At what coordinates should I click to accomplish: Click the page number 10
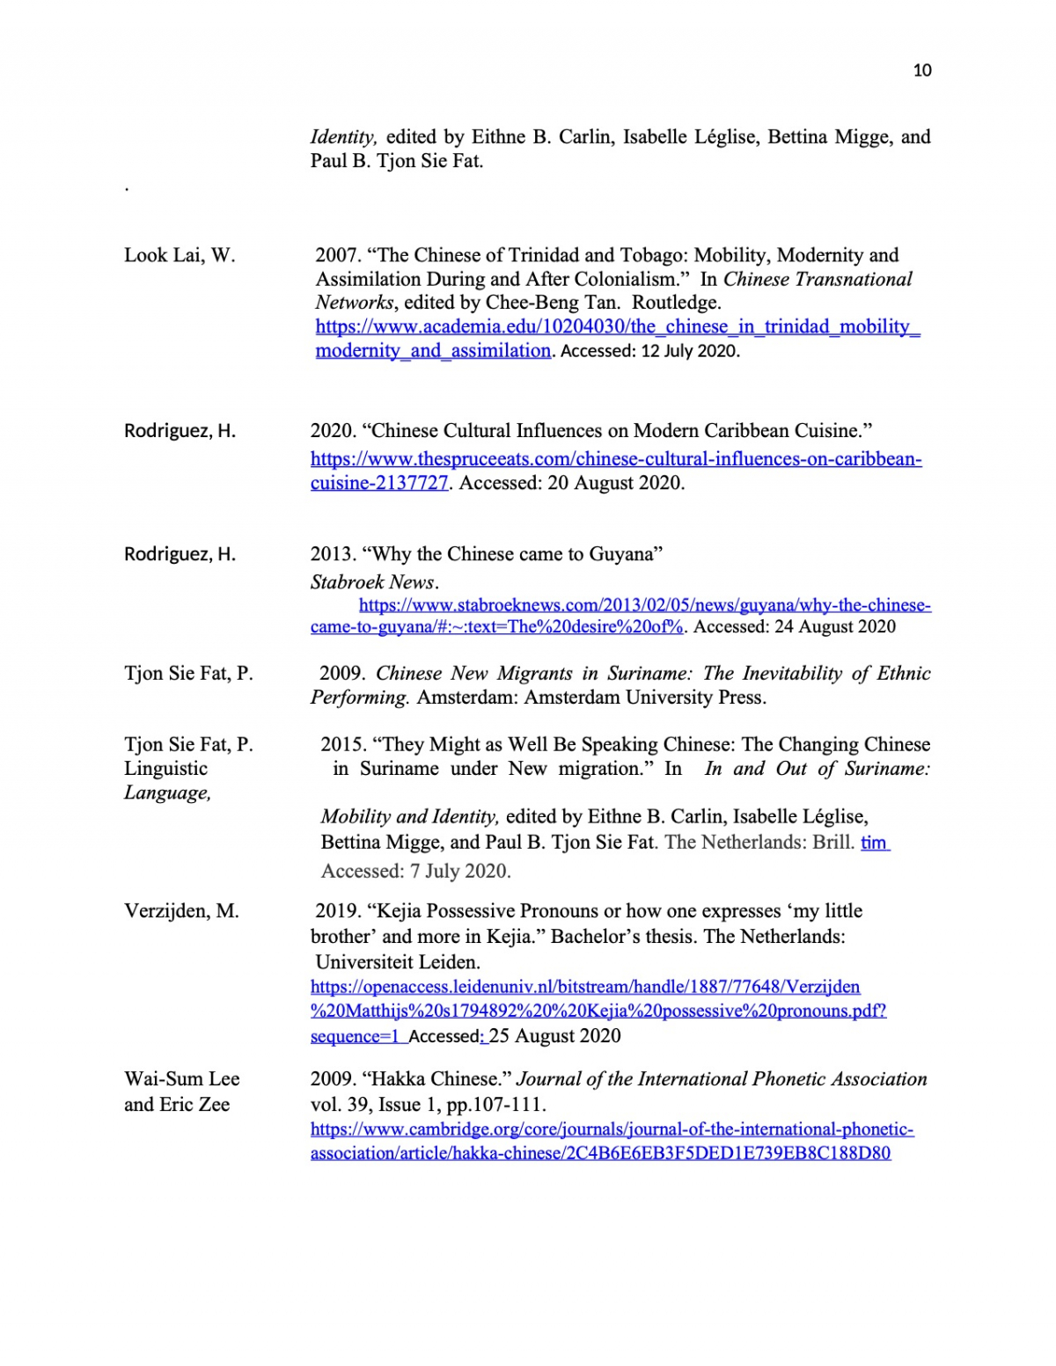click(x=922, y=70)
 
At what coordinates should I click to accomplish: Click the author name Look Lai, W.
click(x=180, y=255)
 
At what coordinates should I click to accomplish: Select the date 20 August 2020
click(x=616, y=483)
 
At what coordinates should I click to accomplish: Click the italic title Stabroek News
click(x=373, y=582)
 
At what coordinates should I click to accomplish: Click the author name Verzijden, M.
click(x=181, y=911)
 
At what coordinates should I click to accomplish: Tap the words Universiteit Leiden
click(x=398, y=962)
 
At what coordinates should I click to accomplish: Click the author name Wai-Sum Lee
click(x=181, y=1079)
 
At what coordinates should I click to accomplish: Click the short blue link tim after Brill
click(x=874, y=843)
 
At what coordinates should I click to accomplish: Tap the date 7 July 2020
click(x=460, y=872)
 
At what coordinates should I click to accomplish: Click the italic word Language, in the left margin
click(x=167, y=793)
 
